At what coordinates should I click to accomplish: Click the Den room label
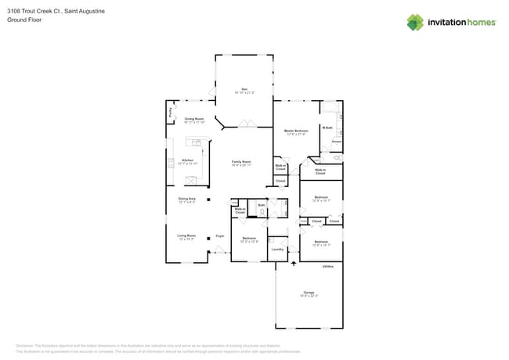pos(244,88)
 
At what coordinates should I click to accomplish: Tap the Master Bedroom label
pos(296,131)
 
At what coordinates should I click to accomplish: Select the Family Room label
pos(240,161)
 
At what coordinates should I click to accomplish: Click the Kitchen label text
pos(187,160)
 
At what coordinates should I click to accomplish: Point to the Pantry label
pos(171,113)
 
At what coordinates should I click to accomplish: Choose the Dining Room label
pos(194,119)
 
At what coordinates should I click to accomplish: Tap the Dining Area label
pos(186,199)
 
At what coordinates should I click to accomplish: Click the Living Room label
pos(186,235)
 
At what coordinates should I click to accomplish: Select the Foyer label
pos(220,235)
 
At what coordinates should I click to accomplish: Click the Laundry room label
pos(277,249)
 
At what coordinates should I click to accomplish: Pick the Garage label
pos(309,293)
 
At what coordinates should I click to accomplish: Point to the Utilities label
pos(328,266)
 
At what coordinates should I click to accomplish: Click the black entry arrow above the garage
pos(294,264)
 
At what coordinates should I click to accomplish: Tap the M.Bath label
pos(327,127)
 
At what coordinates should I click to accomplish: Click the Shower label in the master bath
pos(336,142)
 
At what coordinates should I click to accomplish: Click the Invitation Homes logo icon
pos(415,22)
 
